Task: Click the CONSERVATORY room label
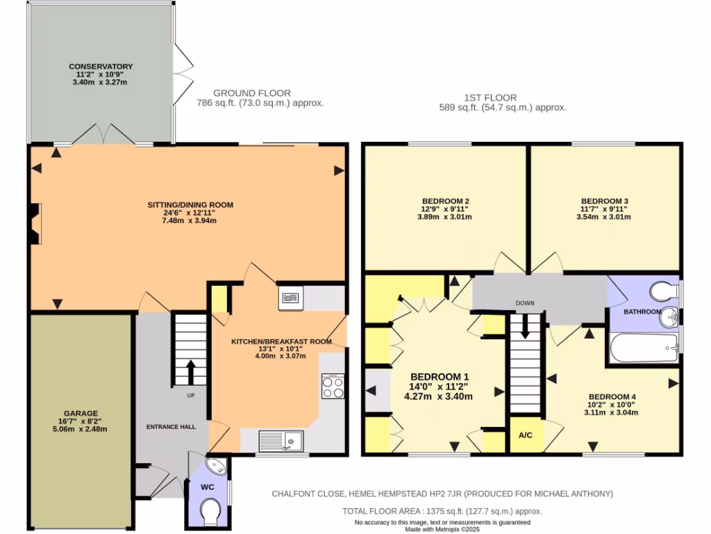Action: [101, 67]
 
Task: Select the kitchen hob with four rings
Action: [333, 387]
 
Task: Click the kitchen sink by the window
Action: [281, 441]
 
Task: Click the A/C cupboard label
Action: [526, 436]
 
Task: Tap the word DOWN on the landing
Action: [524, 304]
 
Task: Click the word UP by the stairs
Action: [191, 396]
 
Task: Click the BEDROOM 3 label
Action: [604, 200]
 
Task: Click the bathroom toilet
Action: [663, 289]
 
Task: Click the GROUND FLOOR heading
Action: [251, 93]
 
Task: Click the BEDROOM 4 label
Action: [610, 397]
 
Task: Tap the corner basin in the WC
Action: [217, 465]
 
